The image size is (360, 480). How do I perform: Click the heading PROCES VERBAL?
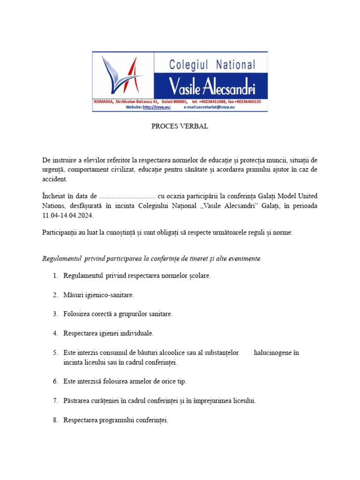pyautogui.click(x=180, y=127)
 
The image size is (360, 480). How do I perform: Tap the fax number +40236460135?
pyautogui.click(x=248, y=101)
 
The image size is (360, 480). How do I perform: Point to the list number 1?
pyautogui.click(x=55, y=276)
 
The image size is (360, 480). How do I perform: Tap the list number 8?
pyautogui.click(x=55, y=420)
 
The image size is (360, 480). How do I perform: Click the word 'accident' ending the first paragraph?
pyautogui.click(x=54, y=179)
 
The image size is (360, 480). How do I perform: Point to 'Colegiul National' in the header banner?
pyautogui.click(x=212, y=65)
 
